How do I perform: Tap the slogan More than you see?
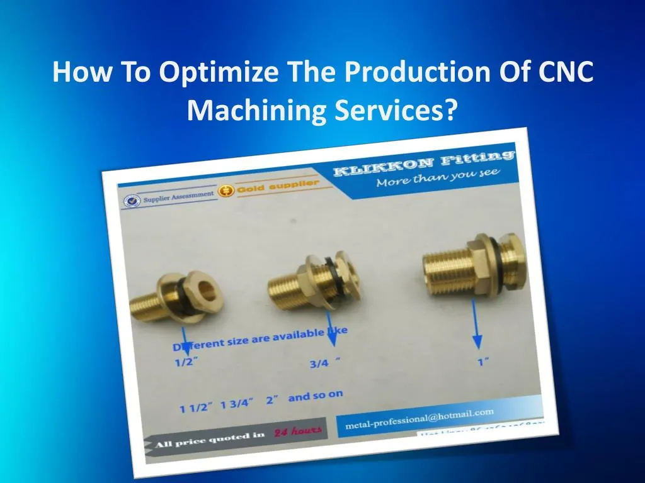click(x=438, y=178)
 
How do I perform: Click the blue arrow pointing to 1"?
click(x=477, y=324)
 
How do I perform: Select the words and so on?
click(x=316, y=396)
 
